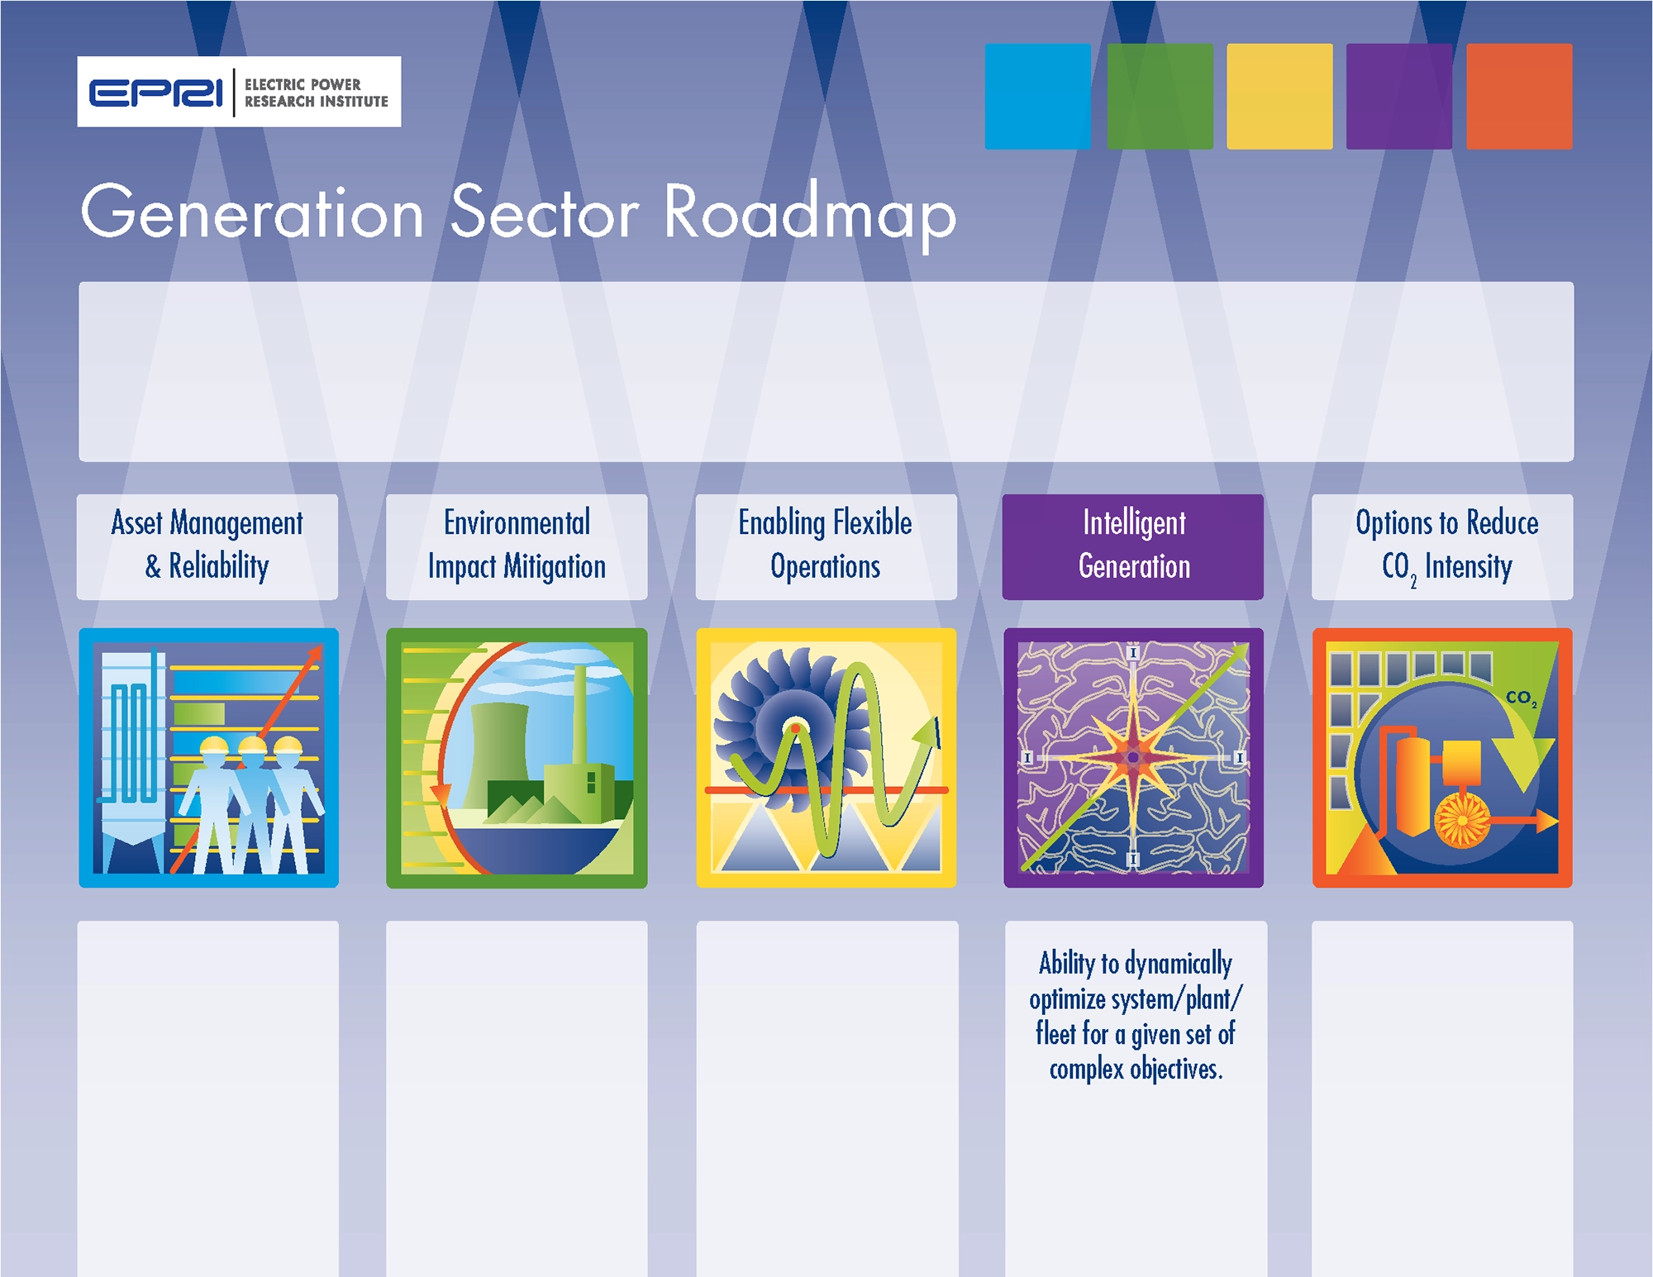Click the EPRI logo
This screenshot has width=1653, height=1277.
coord(239,92)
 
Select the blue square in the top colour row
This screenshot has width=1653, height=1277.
coord(1038,97)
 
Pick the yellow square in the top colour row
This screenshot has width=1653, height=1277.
coord(1279,97)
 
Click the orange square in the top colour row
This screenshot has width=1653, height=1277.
coord(1519,97)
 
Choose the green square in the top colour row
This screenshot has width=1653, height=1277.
coord(1160,97)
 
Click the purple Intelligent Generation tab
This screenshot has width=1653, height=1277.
coord(1133,546)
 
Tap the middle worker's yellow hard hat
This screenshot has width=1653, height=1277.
coord(252,746)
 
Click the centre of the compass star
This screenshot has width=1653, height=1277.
coord(1133,757)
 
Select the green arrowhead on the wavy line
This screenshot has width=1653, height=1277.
coord(927,734)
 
